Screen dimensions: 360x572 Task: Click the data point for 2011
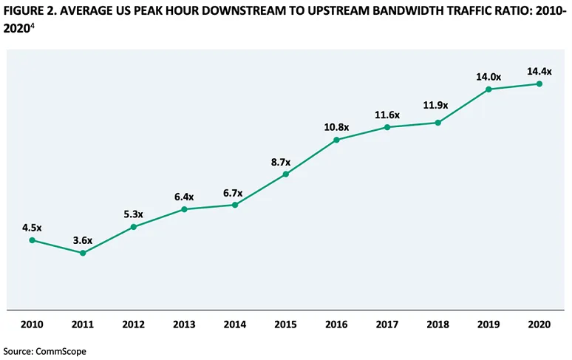tap(83, 253)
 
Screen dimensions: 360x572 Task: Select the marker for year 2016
tap(337, 139)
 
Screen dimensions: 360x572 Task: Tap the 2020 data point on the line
tap(539, 84)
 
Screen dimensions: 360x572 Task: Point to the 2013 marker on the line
tap(184, 209)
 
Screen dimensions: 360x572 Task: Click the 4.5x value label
tap(32, 228)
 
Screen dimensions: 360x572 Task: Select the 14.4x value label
tap(539, 71)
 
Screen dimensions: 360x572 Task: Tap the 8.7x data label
tap(286, 162)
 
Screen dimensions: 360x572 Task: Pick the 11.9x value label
tap(438, 110)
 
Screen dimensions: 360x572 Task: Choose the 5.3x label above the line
tap(134, 214)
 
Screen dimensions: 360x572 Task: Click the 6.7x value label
tap(235, 192)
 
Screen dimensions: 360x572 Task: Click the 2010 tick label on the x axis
tap(32, 324)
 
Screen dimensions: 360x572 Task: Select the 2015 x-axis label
tap(286, 324)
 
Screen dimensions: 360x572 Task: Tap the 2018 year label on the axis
tap(438, 324)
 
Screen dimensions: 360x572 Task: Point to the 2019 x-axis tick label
tap(489, 324)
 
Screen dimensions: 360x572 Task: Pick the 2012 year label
tap(134, 324)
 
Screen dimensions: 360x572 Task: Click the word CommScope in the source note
tap(61, 351)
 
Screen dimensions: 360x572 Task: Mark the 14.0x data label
tap(489, 76)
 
